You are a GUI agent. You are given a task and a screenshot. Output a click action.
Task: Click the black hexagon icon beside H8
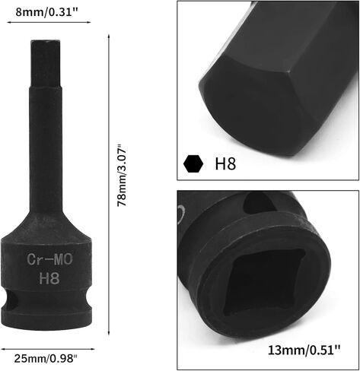pyautogui.click(x=195, y=163)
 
